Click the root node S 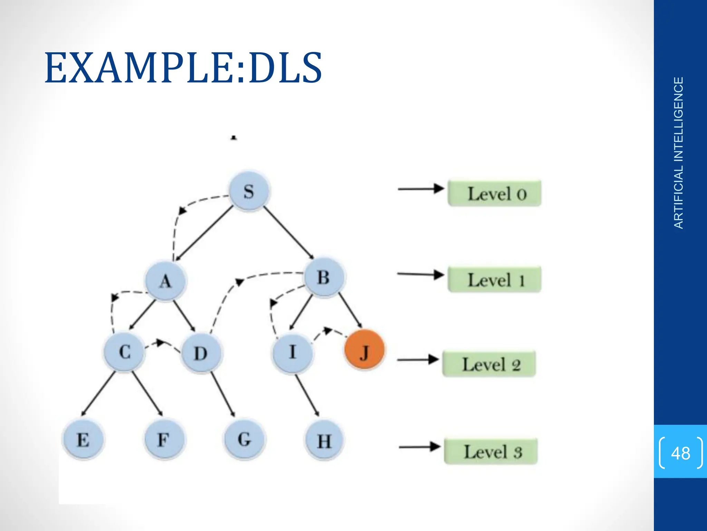249,191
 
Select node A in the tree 165,281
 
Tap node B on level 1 324,277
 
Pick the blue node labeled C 124,352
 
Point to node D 201,353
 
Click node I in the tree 292,353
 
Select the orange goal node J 364,350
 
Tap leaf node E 83,440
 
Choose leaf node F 164,439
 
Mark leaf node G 244,439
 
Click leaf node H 324,441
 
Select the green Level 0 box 494,193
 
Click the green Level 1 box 494,279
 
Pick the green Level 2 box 489,364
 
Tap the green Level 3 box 491,451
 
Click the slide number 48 680,453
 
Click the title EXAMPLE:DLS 183,68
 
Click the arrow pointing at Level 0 421,189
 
